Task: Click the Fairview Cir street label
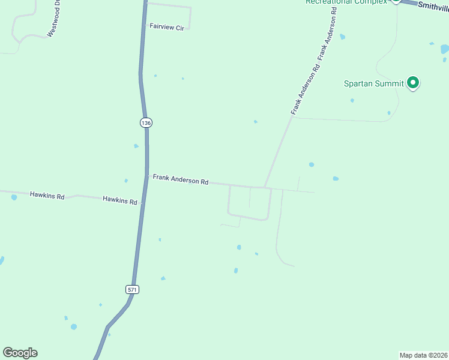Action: pos(167,27)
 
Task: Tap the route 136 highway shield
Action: pos(146,122)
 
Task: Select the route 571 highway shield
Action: pos(133,289)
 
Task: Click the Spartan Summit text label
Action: pos(373,83)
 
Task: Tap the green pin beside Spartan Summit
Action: pos(413,82)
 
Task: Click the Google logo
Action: pos(20,353)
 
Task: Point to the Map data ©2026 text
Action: pos(424,355)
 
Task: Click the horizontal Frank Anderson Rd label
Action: pos(180,179)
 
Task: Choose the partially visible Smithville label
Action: pos(433,6)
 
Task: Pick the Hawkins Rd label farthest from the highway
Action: pos(47,195)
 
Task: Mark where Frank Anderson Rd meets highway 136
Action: pos(147,175)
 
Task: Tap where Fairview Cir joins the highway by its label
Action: pos(144,26)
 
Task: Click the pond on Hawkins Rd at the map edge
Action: pos(14,197)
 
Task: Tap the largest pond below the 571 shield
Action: pos(73,327)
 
